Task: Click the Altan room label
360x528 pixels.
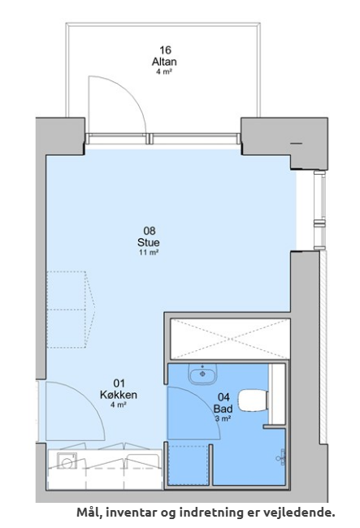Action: (164, 62)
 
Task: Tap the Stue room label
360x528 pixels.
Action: (149, 242)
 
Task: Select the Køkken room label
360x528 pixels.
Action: (119, 394)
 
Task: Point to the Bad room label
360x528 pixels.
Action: (223, 409)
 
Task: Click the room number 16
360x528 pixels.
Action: (165, 50)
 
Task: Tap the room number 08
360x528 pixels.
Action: (150, 231)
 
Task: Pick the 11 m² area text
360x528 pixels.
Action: (149, 252)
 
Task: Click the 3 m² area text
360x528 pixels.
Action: (223, 418)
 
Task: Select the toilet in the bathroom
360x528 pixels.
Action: (254, 400)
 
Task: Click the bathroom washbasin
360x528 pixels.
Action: (202, 374)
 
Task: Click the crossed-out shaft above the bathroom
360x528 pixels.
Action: (230, 339)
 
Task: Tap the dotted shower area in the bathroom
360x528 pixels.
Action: (189, 465)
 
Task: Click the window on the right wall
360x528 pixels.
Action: (319, 210)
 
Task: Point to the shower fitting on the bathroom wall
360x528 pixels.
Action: (281, 457)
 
